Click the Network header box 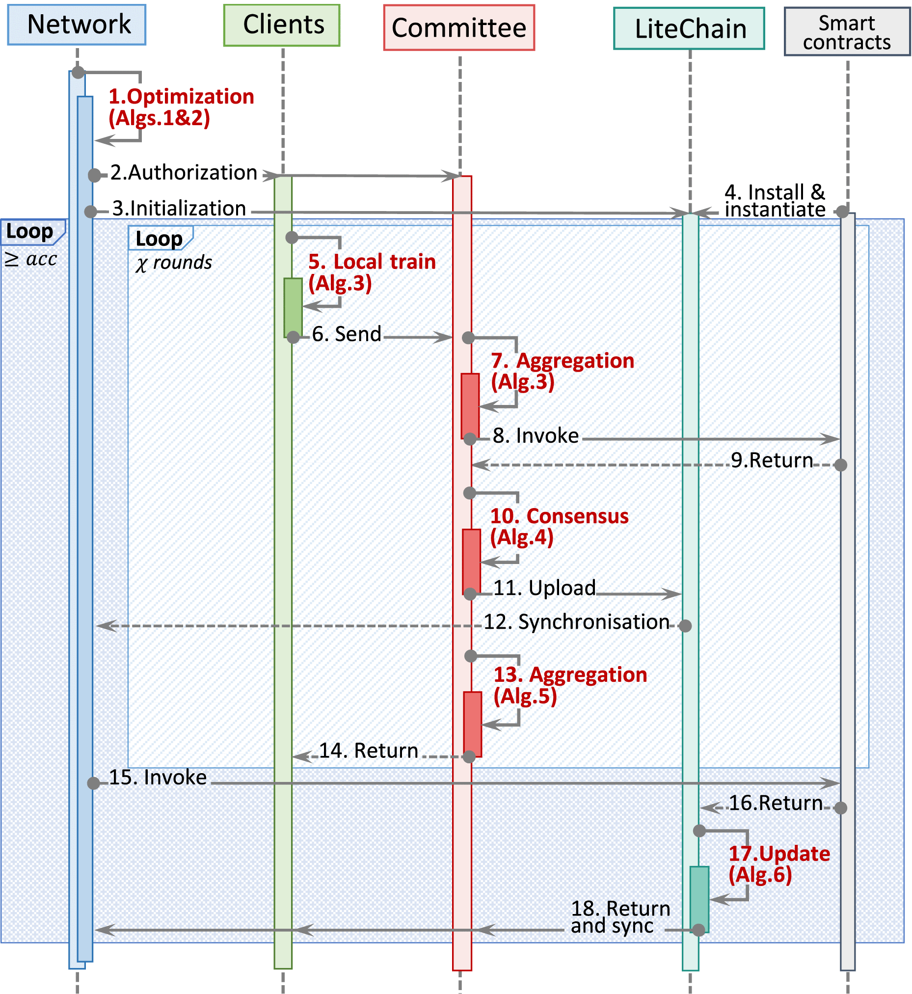click(x=77, y=25)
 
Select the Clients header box click(x=282, y=25)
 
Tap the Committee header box click(x=459, y=27)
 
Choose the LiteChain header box click(x=689, y=28)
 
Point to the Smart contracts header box click(x=847, y=31)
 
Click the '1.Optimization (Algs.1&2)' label click(x=181, y=107)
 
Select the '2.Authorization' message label click(x=184, y=173)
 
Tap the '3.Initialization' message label click(x=179, y=208)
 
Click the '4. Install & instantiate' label click(x=775, y=200)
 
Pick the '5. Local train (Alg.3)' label click(x=372, y=272)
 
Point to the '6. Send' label click(x=347, y=334)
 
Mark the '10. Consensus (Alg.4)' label click(x=559, y=526)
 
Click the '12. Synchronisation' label click(x=576, y=622)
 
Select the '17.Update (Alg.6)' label click(x=779, y=864)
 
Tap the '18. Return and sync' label click(x=620, y=917)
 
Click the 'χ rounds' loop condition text click(x=174, y=263)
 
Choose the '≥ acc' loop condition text click(x=31, y=259)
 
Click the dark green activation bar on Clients click(x=293, y=307)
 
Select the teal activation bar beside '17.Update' click(x=699, y=899)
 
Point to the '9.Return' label click(x=771, y=460)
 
